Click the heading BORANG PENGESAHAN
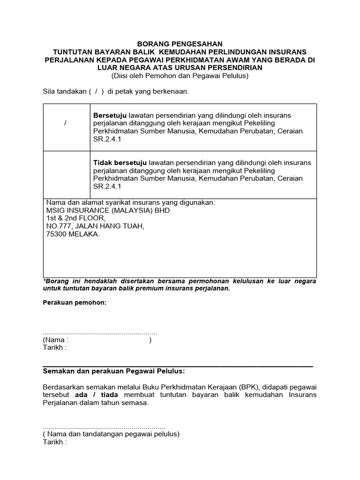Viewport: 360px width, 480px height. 180,44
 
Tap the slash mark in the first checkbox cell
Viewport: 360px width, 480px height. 65,123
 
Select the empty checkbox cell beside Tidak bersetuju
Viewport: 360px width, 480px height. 67,174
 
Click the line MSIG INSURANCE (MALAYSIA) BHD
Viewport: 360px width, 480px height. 108,210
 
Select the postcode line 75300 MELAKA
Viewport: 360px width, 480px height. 73,234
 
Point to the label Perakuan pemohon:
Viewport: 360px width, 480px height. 75,303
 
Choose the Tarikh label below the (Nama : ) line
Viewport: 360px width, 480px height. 54,348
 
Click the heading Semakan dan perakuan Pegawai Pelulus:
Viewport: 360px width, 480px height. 114,372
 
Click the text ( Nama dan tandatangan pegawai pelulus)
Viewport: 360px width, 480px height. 112,434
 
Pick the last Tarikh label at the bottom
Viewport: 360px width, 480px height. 54,442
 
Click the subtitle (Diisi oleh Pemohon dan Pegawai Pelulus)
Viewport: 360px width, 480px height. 180,75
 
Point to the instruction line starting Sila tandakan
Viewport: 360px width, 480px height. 115,91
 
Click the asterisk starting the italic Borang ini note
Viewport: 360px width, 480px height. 45,281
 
